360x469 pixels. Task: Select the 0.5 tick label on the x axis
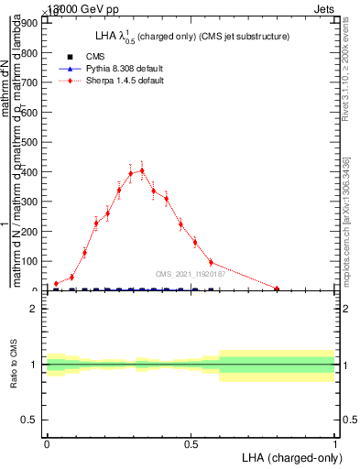191,444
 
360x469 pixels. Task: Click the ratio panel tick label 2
33,310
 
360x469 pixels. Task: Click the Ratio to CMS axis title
15,365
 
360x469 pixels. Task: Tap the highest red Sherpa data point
142,170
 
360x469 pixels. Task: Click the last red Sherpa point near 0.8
277,289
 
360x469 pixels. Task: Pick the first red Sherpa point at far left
56,284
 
